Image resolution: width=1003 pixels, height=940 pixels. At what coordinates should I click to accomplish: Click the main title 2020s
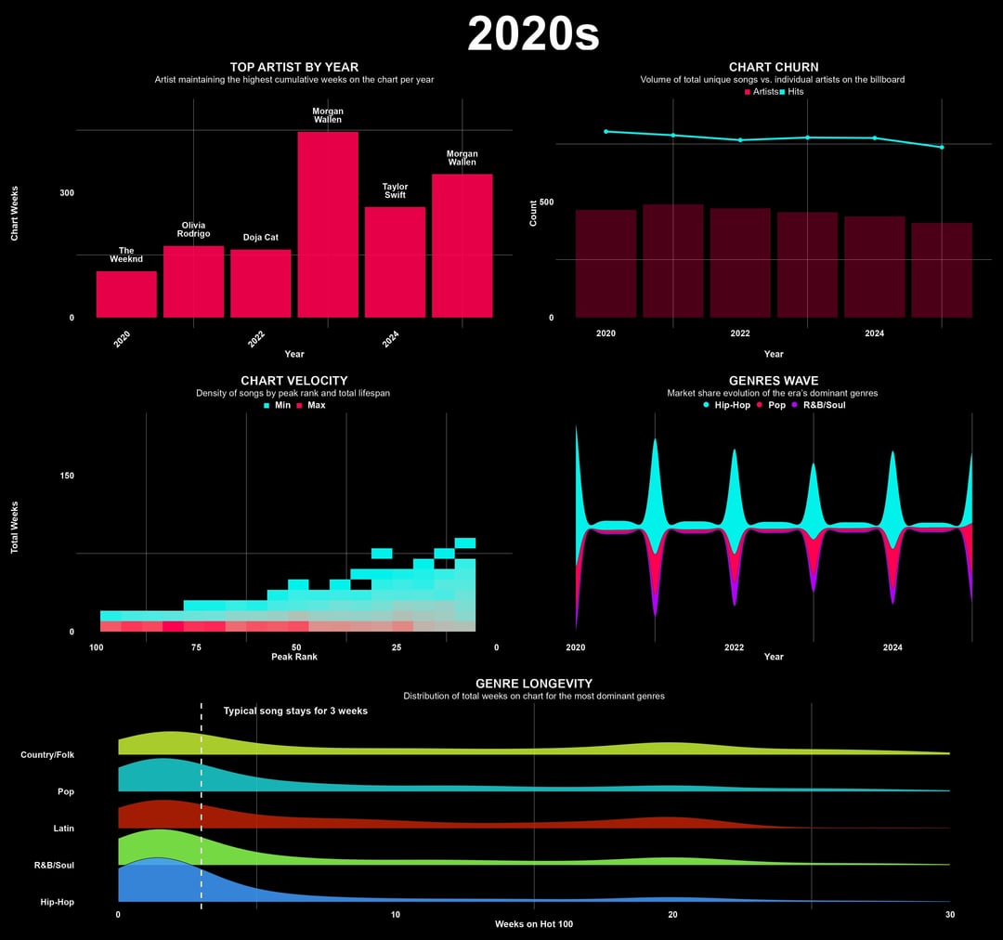tap(533, 34)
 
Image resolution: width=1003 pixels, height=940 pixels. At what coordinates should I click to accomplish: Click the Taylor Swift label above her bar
tap(395, 190)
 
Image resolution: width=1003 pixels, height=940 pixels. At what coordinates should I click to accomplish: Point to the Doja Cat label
tap(261, 238)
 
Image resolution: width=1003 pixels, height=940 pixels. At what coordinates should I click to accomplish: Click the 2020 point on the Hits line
tap(606, 132)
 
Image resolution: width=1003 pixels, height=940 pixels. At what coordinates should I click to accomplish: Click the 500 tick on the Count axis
tap(546, 202)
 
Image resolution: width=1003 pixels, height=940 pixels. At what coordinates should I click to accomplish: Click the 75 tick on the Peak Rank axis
tap(196, 646)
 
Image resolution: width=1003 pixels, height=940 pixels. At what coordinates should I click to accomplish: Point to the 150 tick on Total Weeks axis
tap(67, 476)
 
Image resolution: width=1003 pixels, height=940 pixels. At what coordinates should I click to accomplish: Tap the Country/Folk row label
tap(47, 755)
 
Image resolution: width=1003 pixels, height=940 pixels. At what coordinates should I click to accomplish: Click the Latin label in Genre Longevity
tap(64, 829)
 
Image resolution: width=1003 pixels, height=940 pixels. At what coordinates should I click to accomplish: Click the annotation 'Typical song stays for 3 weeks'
tap(295, 712)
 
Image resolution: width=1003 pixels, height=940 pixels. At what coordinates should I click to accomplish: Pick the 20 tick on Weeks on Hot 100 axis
tap(673, 915)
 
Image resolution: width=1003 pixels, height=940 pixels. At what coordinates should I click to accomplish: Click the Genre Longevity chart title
tap(533, 684)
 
